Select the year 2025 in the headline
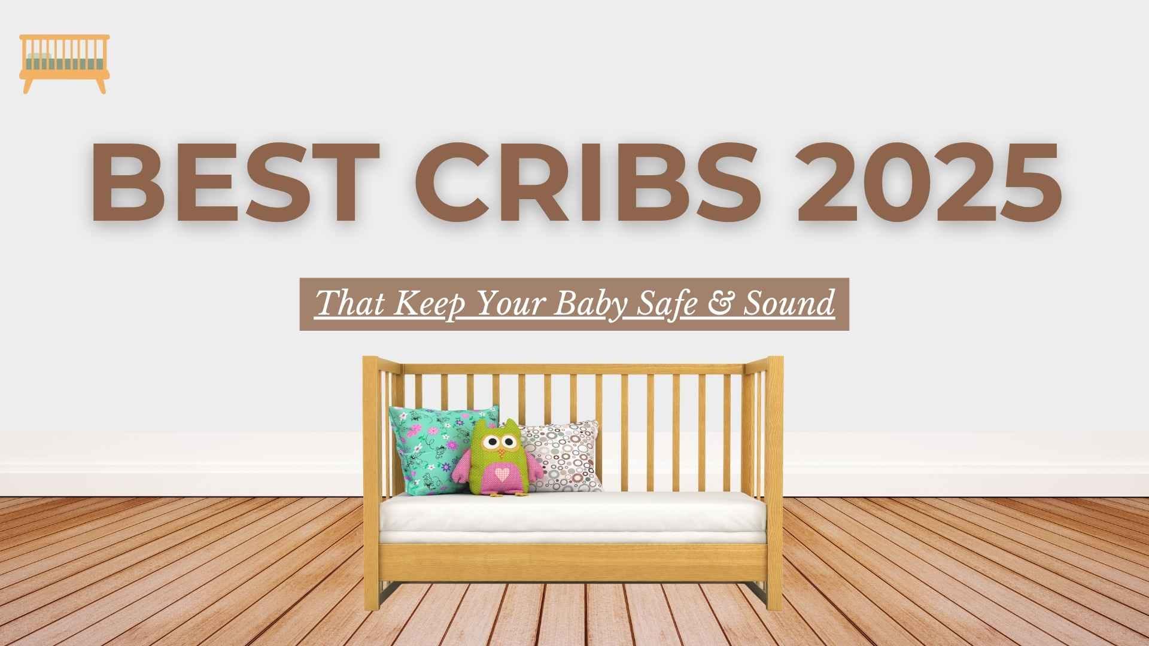click(x=928, y=183)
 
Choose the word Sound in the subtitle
click(x=788, y=304)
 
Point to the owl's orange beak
click(x=500, y=452)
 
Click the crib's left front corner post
click(x=370, y=479)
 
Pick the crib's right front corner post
click(x=774, y=479)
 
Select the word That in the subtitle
click(x=349, y=304)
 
